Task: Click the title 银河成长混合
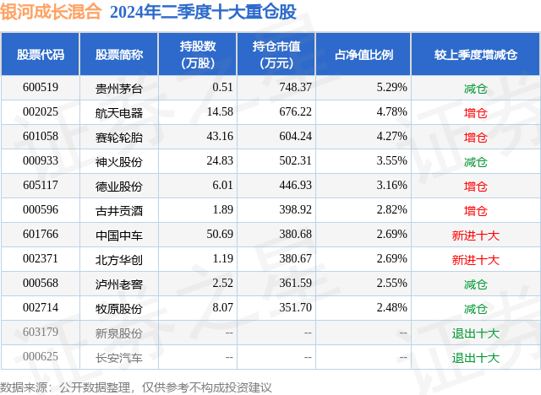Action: [x=52, y=12]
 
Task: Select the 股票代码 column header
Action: [x=41, y=55]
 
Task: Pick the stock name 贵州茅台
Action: [x=119, y=87]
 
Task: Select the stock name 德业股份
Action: [x=119, y=186]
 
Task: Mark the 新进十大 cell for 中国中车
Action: [x=475, y=235]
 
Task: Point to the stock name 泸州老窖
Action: [x=119, y=284]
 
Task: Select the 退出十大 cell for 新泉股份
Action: [x=475, y=333]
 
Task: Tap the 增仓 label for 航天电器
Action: [x=475, y=111]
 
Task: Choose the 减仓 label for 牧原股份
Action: [x=475, y=308]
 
